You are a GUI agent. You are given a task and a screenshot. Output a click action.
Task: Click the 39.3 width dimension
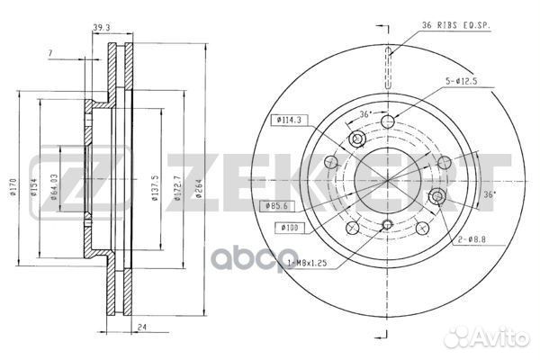click(x=101, y=28)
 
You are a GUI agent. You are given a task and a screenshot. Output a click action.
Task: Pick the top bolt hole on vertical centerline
click(x=388, y=122)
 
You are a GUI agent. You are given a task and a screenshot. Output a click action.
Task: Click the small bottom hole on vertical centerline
click(x=388, y=225)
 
